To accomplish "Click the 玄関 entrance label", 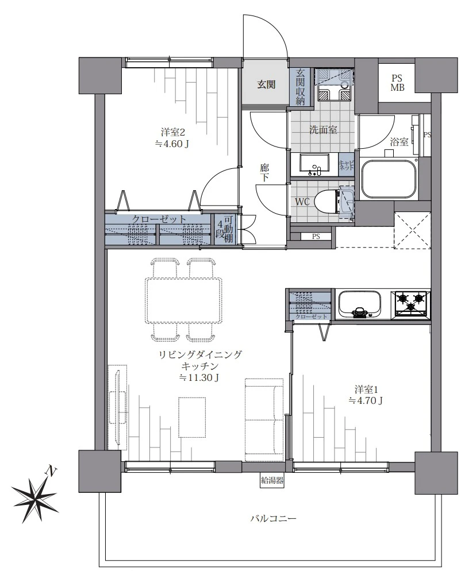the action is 266,85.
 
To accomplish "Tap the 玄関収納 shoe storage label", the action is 300,87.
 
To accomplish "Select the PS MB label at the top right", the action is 397,83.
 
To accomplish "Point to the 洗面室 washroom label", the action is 323,130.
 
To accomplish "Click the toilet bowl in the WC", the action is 326,202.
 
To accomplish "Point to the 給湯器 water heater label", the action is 272,480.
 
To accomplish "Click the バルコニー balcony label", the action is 273,518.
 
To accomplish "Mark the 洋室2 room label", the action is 171,131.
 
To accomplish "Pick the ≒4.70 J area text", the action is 366,401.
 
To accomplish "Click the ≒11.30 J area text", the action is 199,377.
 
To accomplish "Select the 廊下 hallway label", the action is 264,173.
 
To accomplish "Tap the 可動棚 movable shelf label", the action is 229,229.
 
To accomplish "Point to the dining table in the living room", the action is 184,300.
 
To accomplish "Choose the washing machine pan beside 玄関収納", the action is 333,86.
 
